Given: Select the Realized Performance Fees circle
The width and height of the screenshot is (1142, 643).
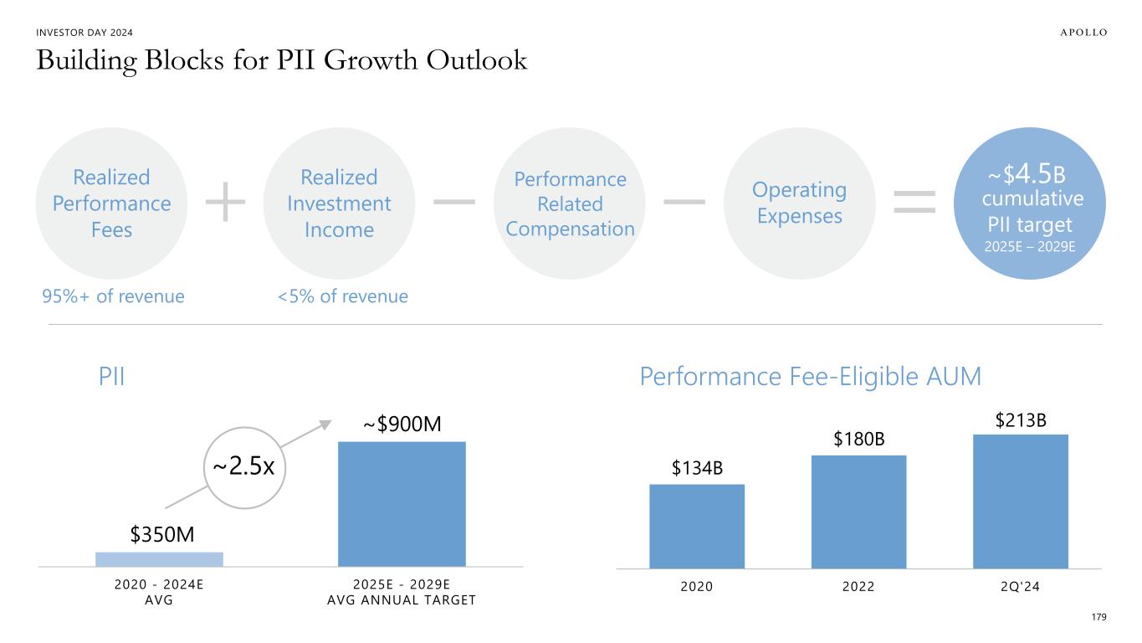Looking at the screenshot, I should (x=111, y=203).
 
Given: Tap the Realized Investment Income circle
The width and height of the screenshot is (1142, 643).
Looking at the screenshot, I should (x=339, y=203).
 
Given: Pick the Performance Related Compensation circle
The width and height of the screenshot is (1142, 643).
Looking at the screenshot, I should (x=569, y=203).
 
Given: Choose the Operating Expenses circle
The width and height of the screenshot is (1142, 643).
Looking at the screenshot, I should (x=799, y=203).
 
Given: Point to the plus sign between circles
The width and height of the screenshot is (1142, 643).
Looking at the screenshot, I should (x=225, y=203).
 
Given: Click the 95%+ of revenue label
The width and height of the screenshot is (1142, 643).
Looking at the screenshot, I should (x=113, y=296).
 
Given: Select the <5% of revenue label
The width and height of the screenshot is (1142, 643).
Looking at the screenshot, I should (x=343, y=296).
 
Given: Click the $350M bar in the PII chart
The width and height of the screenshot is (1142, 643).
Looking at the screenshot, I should (x=159, y=559).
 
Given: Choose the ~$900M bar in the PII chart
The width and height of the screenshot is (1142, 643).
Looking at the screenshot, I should (x=402, y=504).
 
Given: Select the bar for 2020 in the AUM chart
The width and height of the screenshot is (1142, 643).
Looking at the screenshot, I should (x=697, y=526).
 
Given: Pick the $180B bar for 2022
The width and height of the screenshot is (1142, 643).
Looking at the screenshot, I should (x=858, y=512).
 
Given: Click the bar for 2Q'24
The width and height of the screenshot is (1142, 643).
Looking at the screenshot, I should (x=1020, y=501).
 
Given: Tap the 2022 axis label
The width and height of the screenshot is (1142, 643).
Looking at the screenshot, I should (x=858, y=586).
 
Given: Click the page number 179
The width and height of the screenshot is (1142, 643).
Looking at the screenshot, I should (x=1099, y=617).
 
